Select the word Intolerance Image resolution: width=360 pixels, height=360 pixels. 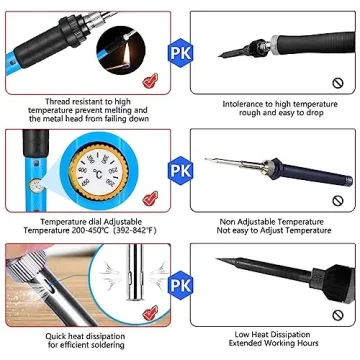click(228, 102)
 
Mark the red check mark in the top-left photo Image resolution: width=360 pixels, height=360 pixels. click(150, 81)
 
